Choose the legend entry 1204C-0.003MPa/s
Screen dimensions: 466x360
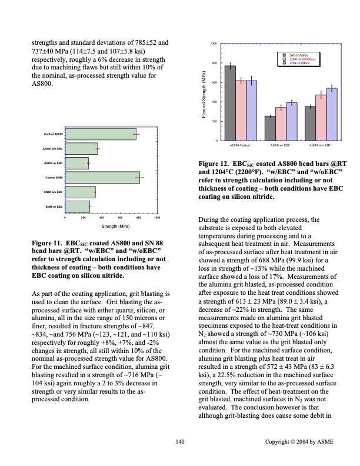coord(303,59)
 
